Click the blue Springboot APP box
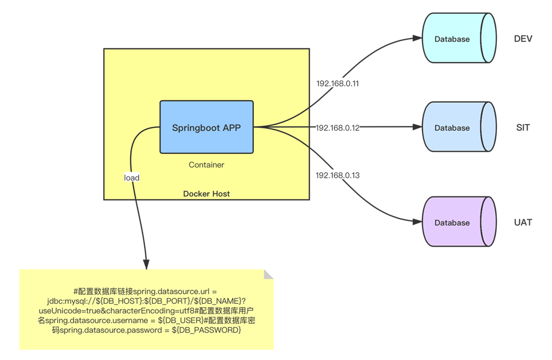pyautogui.click(x=206, y=127)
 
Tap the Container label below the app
pyautogui.click(x=206, y=165)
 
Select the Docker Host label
pyautogui.click(x=206, y=194)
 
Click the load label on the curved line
pyautogui.click(x=132, y=178)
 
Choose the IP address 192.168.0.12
pyautogui.click(x=337, y=128)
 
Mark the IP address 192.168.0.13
pyautogui.click(x=337, y=175)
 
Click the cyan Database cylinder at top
pyautogui.click(x=452, y=39)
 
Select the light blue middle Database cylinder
pyautogui.click(x=452, y=128)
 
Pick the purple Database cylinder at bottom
pyautogui.click(x=452, y=223)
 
